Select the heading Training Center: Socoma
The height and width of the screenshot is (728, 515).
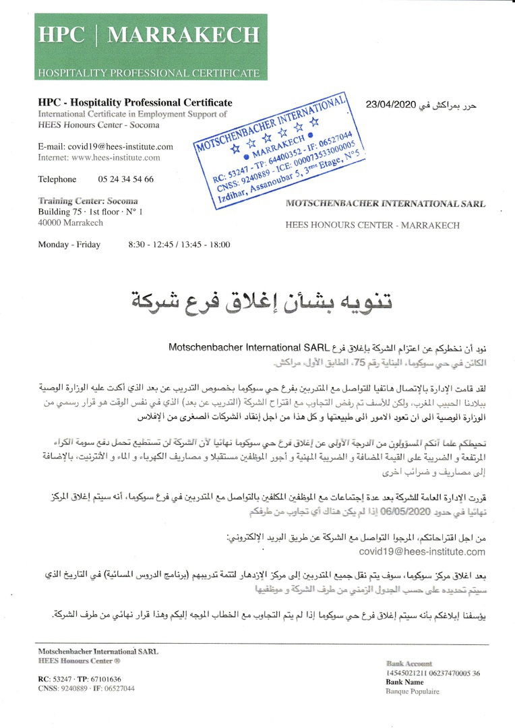tap(88, 201)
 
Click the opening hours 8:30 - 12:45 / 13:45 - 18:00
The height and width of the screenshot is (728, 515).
tap(179, 245)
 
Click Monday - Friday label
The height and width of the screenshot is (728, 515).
tap(69, 245)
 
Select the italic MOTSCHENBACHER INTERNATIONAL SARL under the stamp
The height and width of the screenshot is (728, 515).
tap(385, 203)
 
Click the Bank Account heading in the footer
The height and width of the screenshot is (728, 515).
tap(409, 664)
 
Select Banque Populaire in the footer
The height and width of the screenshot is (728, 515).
tap(412, 691)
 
